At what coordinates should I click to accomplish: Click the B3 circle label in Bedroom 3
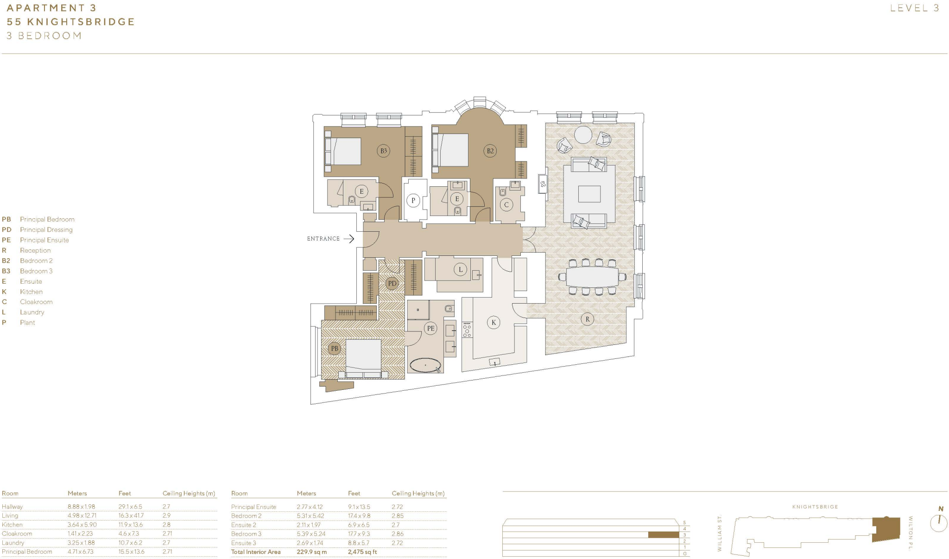coord(383,151)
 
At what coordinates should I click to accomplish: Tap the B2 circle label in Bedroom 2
coord(490,151)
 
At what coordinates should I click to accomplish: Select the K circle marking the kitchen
coord(493,323)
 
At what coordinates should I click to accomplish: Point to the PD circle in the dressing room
coord(392,283)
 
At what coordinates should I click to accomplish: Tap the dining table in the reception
coord(592,277)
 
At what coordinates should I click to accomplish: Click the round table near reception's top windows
coord(583,135)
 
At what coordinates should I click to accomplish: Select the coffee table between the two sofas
coord(589,194)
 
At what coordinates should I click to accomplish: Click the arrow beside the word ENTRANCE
coord(349,239)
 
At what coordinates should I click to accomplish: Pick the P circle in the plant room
coord(413,201)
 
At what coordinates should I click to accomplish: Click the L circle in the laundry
coord(460,269)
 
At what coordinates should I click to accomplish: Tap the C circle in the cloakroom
coord(506,204)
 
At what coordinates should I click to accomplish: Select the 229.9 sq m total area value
coord(311,552)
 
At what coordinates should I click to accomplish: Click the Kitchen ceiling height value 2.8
coord(166,525)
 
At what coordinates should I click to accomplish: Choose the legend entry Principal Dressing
coord(46,229)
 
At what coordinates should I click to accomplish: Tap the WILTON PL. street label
coord(911,533)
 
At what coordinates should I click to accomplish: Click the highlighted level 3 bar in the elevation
coord(663,535)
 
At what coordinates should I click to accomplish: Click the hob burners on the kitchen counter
coord(467,330)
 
